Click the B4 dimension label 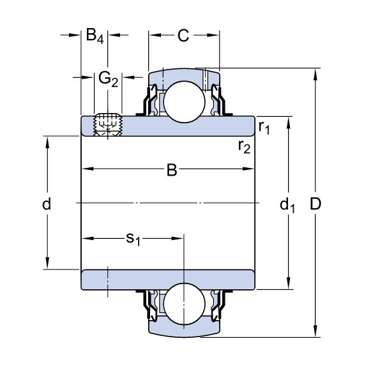[94, 36]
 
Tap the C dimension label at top [183, 36]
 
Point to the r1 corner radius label [264, 127]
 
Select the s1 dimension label [133, 239]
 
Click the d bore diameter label [46, 205]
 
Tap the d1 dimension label [288, 205]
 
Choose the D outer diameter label [315, 205]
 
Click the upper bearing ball [184, 102]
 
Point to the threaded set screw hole [107, 123]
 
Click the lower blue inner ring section [128, 279]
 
